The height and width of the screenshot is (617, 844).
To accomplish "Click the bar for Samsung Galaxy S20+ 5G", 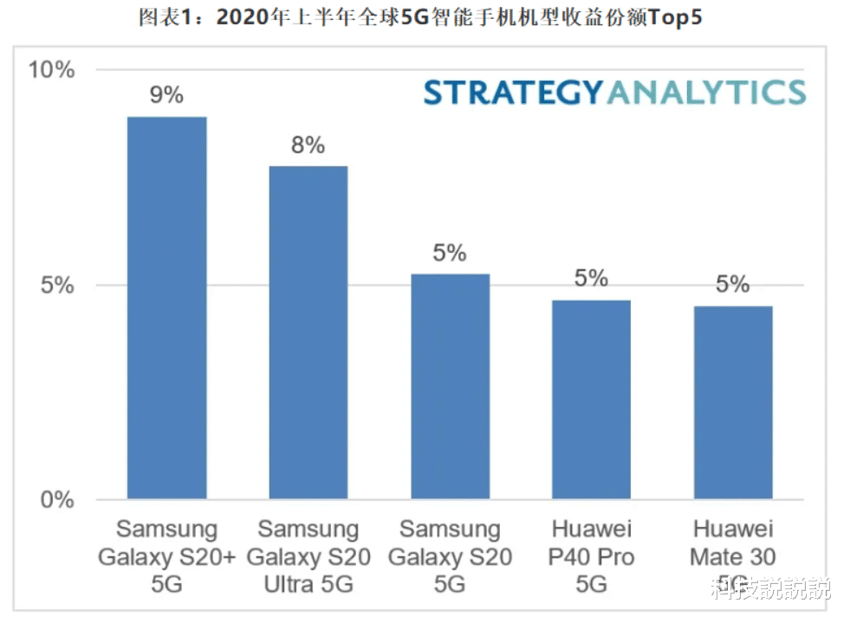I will coord(166,308).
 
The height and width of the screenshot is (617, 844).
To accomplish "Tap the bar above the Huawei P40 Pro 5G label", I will coord(591,399).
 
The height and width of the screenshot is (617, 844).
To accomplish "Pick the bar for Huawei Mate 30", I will coord(732,402).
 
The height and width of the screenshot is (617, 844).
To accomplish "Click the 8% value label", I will coord(308,145).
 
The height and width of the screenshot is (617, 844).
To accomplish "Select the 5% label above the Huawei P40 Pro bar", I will coord(591,278).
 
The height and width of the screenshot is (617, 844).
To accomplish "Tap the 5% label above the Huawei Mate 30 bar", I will coord(732,284).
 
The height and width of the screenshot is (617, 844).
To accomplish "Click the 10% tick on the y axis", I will coord(52,70).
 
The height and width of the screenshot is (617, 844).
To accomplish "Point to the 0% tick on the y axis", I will coord(58,500).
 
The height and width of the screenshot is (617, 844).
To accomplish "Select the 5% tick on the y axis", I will coord(58,285).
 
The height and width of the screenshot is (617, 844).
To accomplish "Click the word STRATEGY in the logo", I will coord(512,92).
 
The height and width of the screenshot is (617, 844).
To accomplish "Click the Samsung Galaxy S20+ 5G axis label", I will coord(166,556).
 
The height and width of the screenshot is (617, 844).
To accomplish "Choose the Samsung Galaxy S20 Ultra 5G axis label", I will coord(308,556).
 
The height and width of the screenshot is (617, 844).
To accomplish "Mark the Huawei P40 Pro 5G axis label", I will coord(591,556).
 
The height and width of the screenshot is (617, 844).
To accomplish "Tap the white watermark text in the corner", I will coord(769,589).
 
